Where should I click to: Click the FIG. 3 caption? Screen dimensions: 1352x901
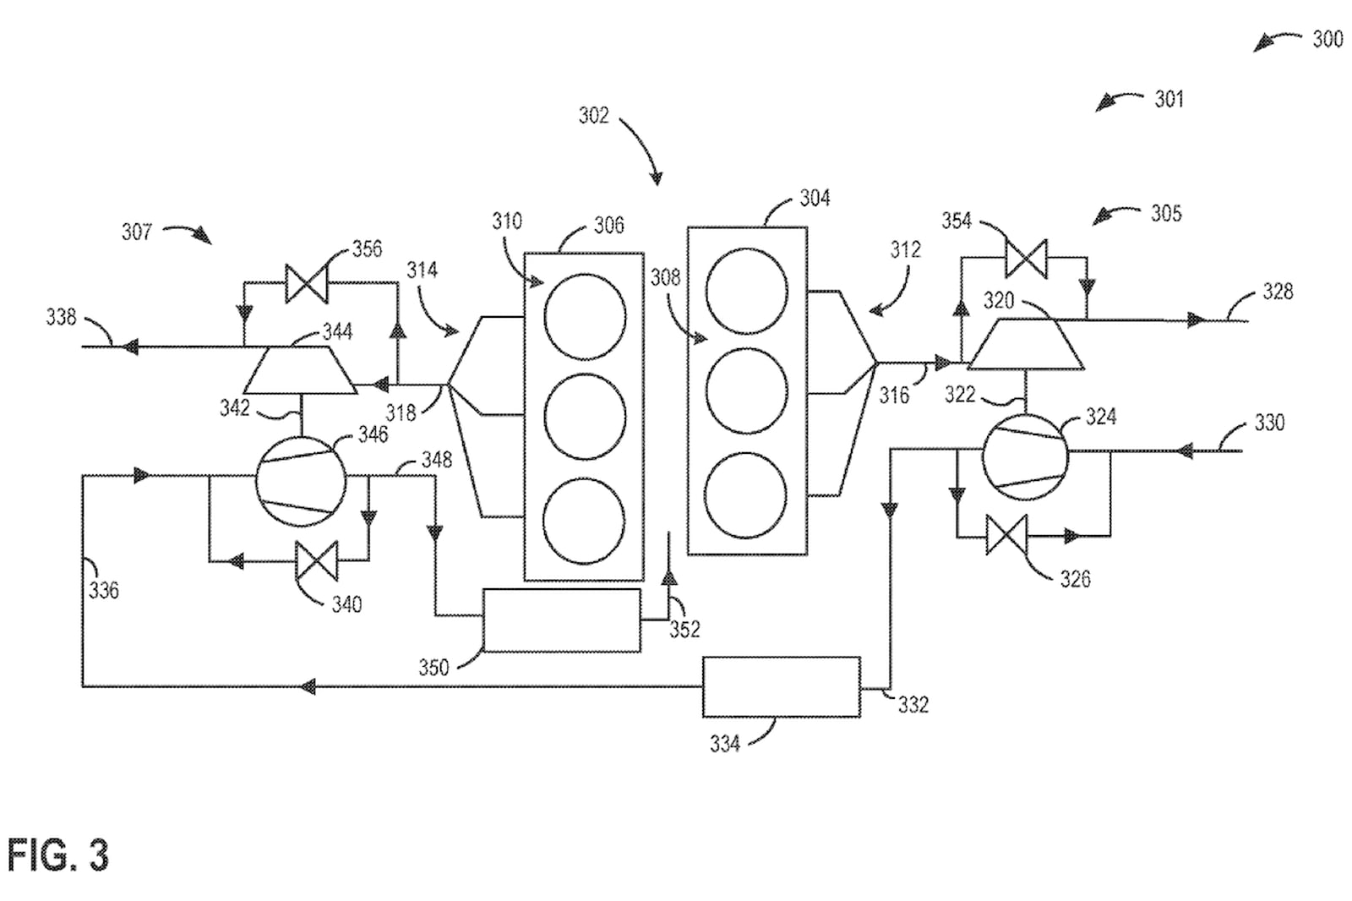[x=58, y=855]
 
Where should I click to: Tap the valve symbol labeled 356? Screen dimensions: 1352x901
[x=306, y=283]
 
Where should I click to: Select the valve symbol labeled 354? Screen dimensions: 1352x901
[x=1026, y=259]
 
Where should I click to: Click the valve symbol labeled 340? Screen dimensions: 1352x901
[x=316, y=561]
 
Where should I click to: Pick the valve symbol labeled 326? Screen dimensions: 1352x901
[x=1006, y=535]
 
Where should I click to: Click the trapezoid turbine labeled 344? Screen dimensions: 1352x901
[x=300, y=370]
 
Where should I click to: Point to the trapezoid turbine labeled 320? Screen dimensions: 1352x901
[x=1026, y=344]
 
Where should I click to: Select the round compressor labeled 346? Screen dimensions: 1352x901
[x=301, y=482]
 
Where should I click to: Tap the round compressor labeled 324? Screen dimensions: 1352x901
[x=1025, y=457]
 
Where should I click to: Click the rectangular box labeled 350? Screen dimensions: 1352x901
[x=562, y=620]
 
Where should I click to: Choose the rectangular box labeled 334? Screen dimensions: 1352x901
[x=782, y=687]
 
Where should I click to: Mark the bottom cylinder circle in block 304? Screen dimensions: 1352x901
[x=745, y=496]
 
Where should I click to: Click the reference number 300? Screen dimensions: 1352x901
[x=1327, y=40]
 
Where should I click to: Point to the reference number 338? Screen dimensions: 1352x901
[x=61, y=317]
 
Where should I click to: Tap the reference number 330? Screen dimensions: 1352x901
[x=1269, y=423]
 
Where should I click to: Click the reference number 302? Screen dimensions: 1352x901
[x=594, y=115]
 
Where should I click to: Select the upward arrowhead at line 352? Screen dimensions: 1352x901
[x=668, y=577]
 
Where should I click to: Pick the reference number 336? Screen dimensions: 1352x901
[x=104, y=590]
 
